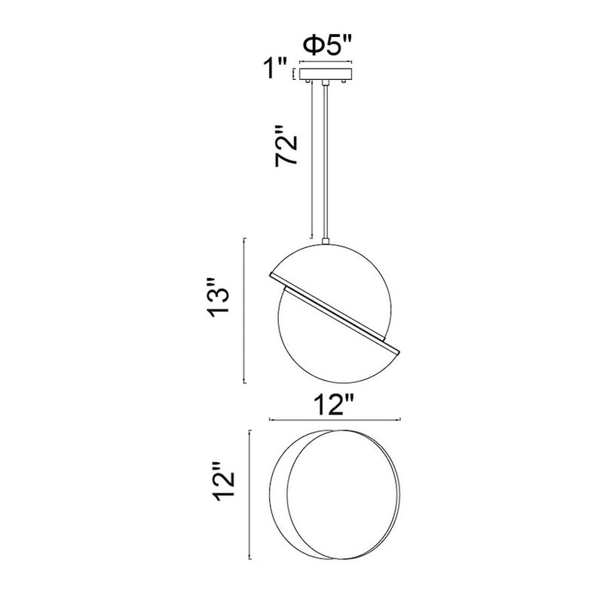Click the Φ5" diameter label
pyautogui.click(x=327, y=45)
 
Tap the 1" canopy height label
pyautogui.click(x=274, y=68)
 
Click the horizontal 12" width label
pyautogui.click(x=334, y=405)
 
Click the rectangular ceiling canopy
pyautogui.click(x=326, y=74)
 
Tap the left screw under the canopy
pyautogui.click(x=308, y=81)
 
